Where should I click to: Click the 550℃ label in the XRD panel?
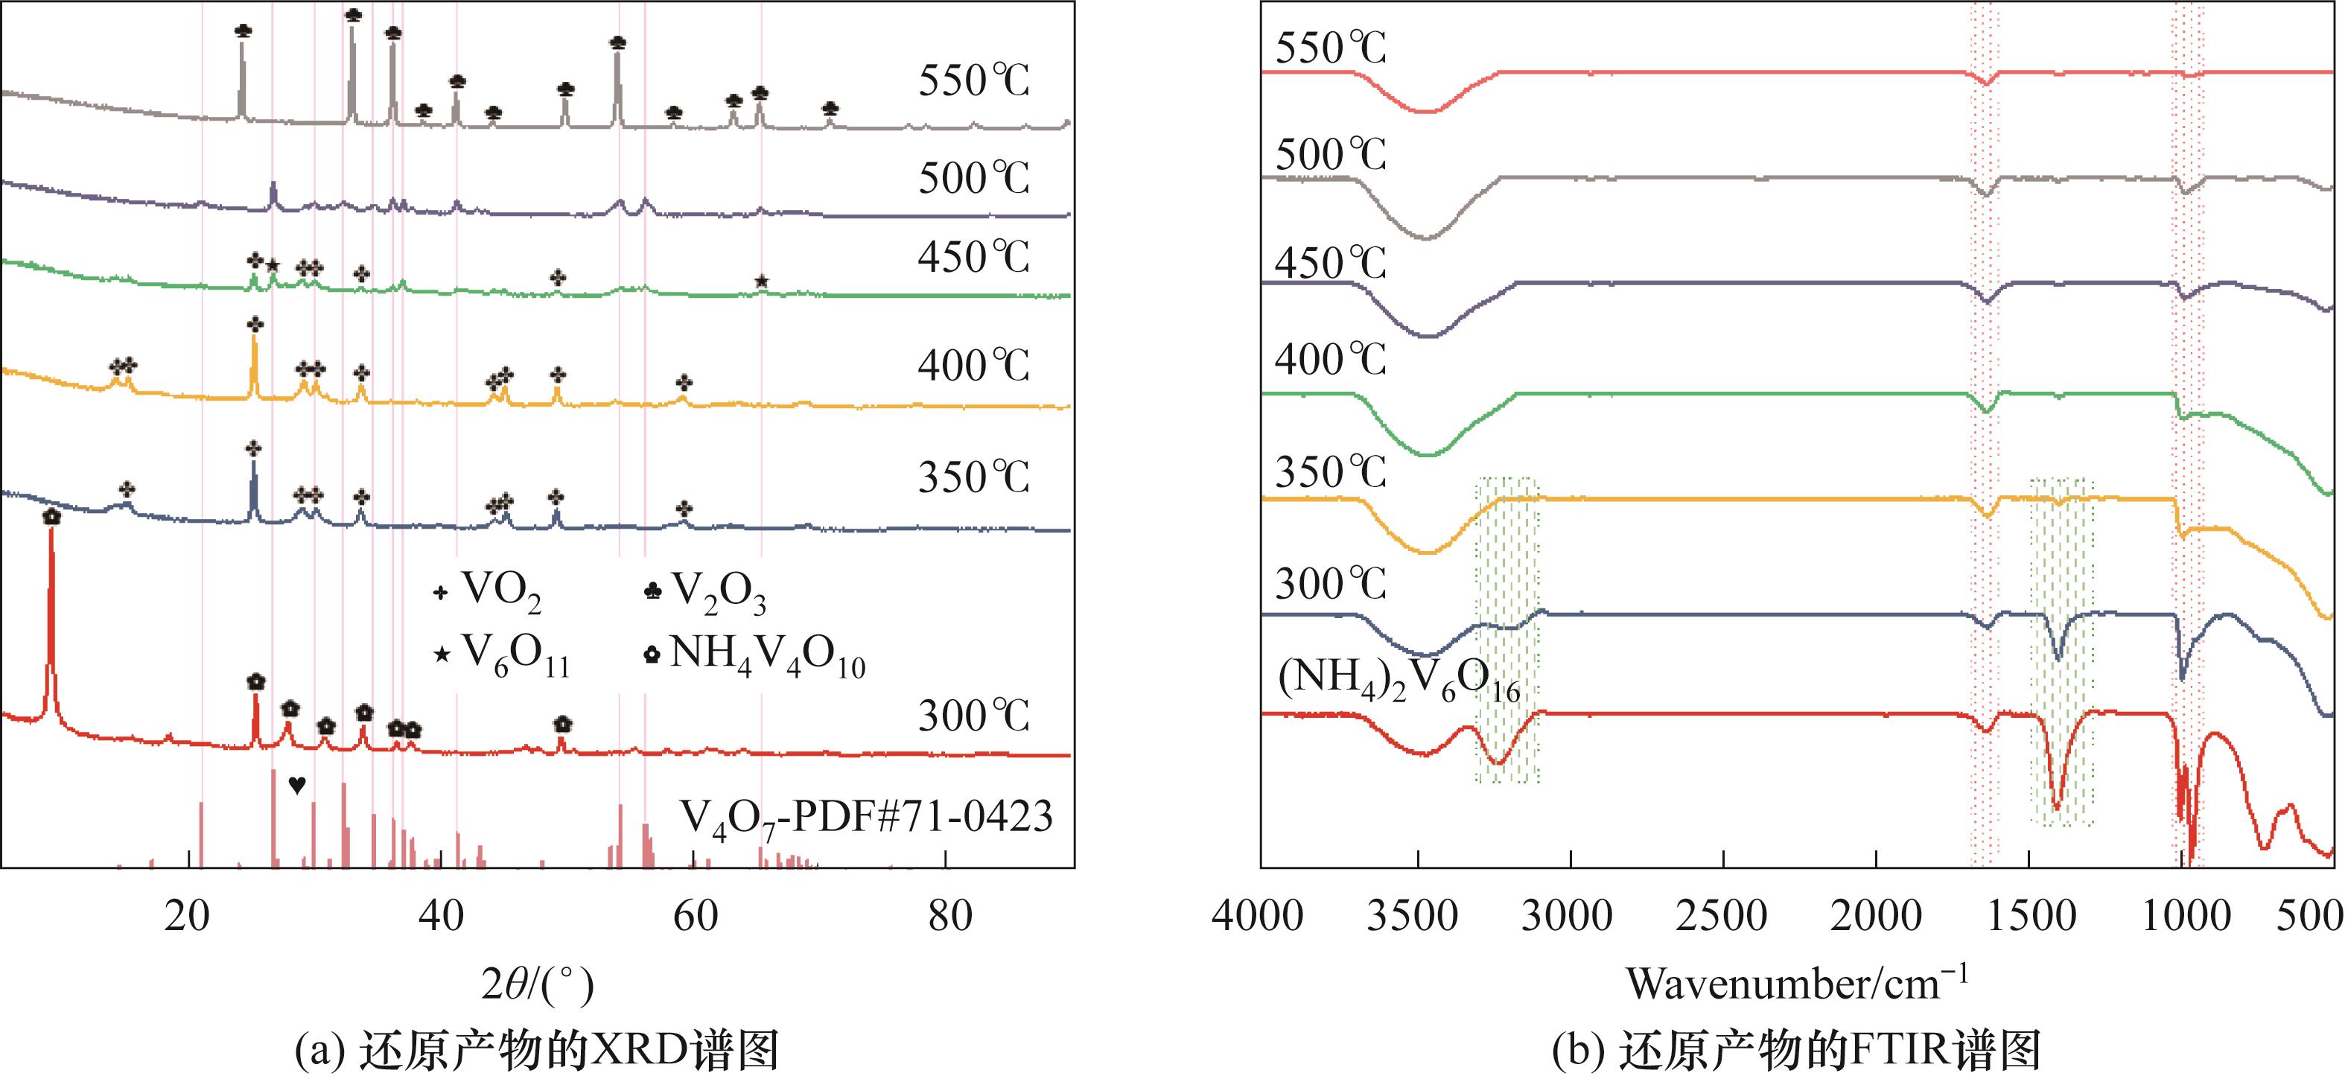tap(973, 82)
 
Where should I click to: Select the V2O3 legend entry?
tap(705, 593)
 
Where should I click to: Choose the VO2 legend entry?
tap(488, 593)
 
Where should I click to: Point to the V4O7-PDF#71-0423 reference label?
tap(867, 817)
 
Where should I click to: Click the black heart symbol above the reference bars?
tap(297, 785)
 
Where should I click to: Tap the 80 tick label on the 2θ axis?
tap(949, 915)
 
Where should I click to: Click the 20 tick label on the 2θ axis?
tap(188, 915)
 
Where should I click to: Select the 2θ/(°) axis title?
tap(537, 985)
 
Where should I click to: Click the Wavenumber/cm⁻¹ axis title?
tap(1797, 984)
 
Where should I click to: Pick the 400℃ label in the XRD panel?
tap(973, 366)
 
